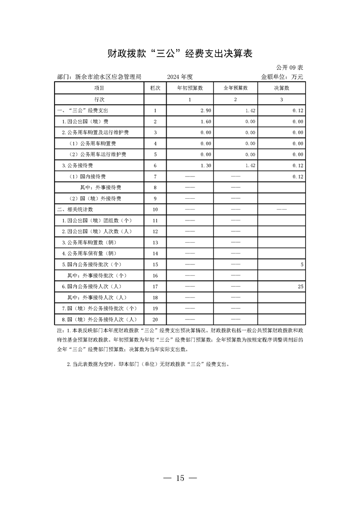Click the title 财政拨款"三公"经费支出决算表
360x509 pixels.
coord(180,54)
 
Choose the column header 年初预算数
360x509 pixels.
coord(190,88)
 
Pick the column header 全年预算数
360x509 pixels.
coord(236,88)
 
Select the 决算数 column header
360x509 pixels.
coord(281,88)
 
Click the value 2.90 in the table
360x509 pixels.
coord(206,110)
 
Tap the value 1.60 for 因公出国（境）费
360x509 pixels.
coord(206,122)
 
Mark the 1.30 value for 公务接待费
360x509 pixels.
coord(206,166)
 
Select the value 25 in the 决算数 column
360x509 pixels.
coord(300,287)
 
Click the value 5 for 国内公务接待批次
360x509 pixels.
coord(301,264)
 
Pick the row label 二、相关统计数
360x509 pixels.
coord(75,210)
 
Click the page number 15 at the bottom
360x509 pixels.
coord(180,478)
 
